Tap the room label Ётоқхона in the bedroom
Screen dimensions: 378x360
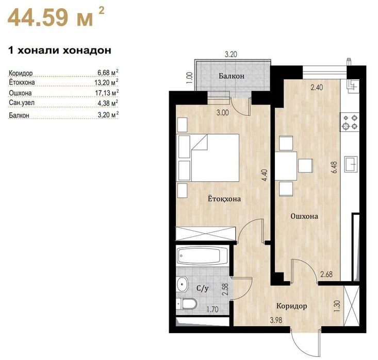pos(224,199)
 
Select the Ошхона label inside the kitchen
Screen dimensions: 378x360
pos(304,216)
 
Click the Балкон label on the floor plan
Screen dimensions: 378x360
pos(232,76)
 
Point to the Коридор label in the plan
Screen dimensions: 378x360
pos(291,306)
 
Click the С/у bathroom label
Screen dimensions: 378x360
pos(202,288)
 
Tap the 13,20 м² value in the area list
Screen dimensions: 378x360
pos(106,82)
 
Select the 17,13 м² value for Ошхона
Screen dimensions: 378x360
pos(106,93)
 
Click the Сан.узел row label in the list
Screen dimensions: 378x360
pos(22,103)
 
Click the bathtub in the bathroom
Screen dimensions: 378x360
pos(202,256)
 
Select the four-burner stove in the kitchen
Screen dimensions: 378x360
pos(350,122)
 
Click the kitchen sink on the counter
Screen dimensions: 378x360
pos(351,164)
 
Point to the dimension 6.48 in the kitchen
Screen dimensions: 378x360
pos(334,167)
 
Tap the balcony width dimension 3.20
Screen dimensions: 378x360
pos(231,55)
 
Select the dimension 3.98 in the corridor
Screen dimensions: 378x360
pos(276,320)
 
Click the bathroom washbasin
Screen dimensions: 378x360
pos(182,285)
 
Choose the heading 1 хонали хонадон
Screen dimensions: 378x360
pos(60,50)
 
